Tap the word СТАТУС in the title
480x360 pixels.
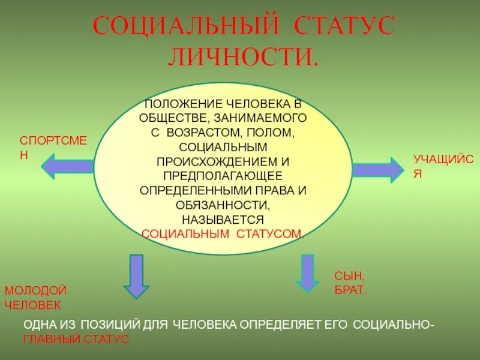344,27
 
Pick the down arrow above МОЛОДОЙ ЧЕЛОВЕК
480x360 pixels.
137,275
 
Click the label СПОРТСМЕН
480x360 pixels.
53,146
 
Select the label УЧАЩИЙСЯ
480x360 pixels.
444,166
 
